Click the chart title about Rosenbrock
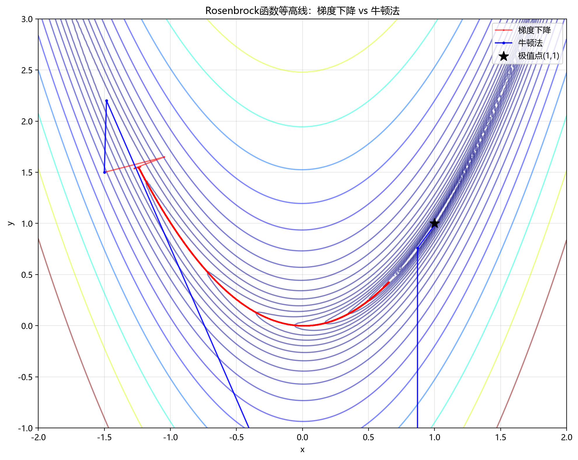[302, 11]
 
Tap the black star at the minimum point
[434, 223]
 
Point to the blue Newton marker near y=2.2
[106, 101]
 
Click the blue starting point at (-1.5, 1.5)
[104, 172]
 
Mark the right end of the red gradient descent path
[389, 282]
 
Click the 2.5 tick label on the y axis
[27, 70]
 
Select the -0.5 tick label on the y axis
[26, 377]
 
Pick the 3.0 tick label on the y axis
[27, 19]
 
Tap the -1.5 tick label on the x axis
[104, 437]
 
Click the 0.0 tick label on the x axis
[302, 437]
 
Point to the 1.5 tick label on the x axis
[500, 437]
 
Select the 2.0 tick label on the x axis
[566, 437]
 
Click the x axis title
[302, 450]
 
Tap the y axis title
[10, 223]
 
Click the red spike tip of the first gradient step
[165, 157]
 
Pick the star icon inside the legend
[504, 56]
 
